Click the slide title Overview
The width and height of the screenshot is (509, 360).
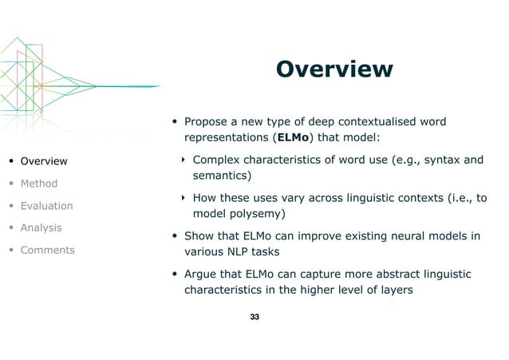(x=333, y=69)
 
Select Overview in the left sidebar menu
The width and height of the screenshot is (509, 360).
(x=44, y=161)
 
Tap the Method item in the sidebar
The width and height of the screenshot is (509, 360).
(x=39, y=184)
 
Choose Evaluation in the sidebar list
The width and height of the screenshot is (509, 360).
(x=46, y=206)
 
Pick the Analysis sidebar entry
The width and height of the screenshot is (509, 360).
(x=41, y=227)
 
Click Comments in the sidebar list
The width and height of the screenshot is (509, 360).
(x=48, y=250)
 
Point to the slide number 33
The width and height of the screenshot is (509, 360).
(x=254, y=318)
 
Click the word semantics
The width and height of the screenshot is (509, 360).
(x=219, y=175)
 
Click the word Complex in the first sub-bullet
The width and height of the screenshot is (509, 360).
(x=218, y=160)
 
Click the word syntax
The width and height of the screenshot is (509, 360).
(x=432, y=160)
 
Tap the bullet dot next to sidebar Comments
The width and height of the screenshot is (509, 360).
(x=10, y=250)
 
